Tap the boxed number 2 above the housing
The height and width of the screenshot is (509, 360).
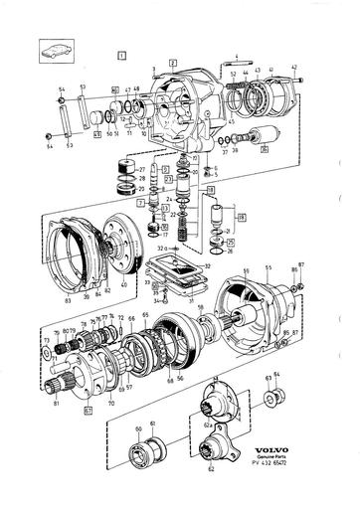click(x=172, y=63)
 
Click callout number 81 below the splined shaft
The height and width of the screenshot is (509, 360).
click(x=56, y=402)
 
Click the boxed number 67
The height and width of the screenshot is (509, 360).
click(x=88, y=409)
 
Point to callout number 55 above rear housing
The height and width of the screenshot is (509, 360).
click(x=268, y=268)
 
